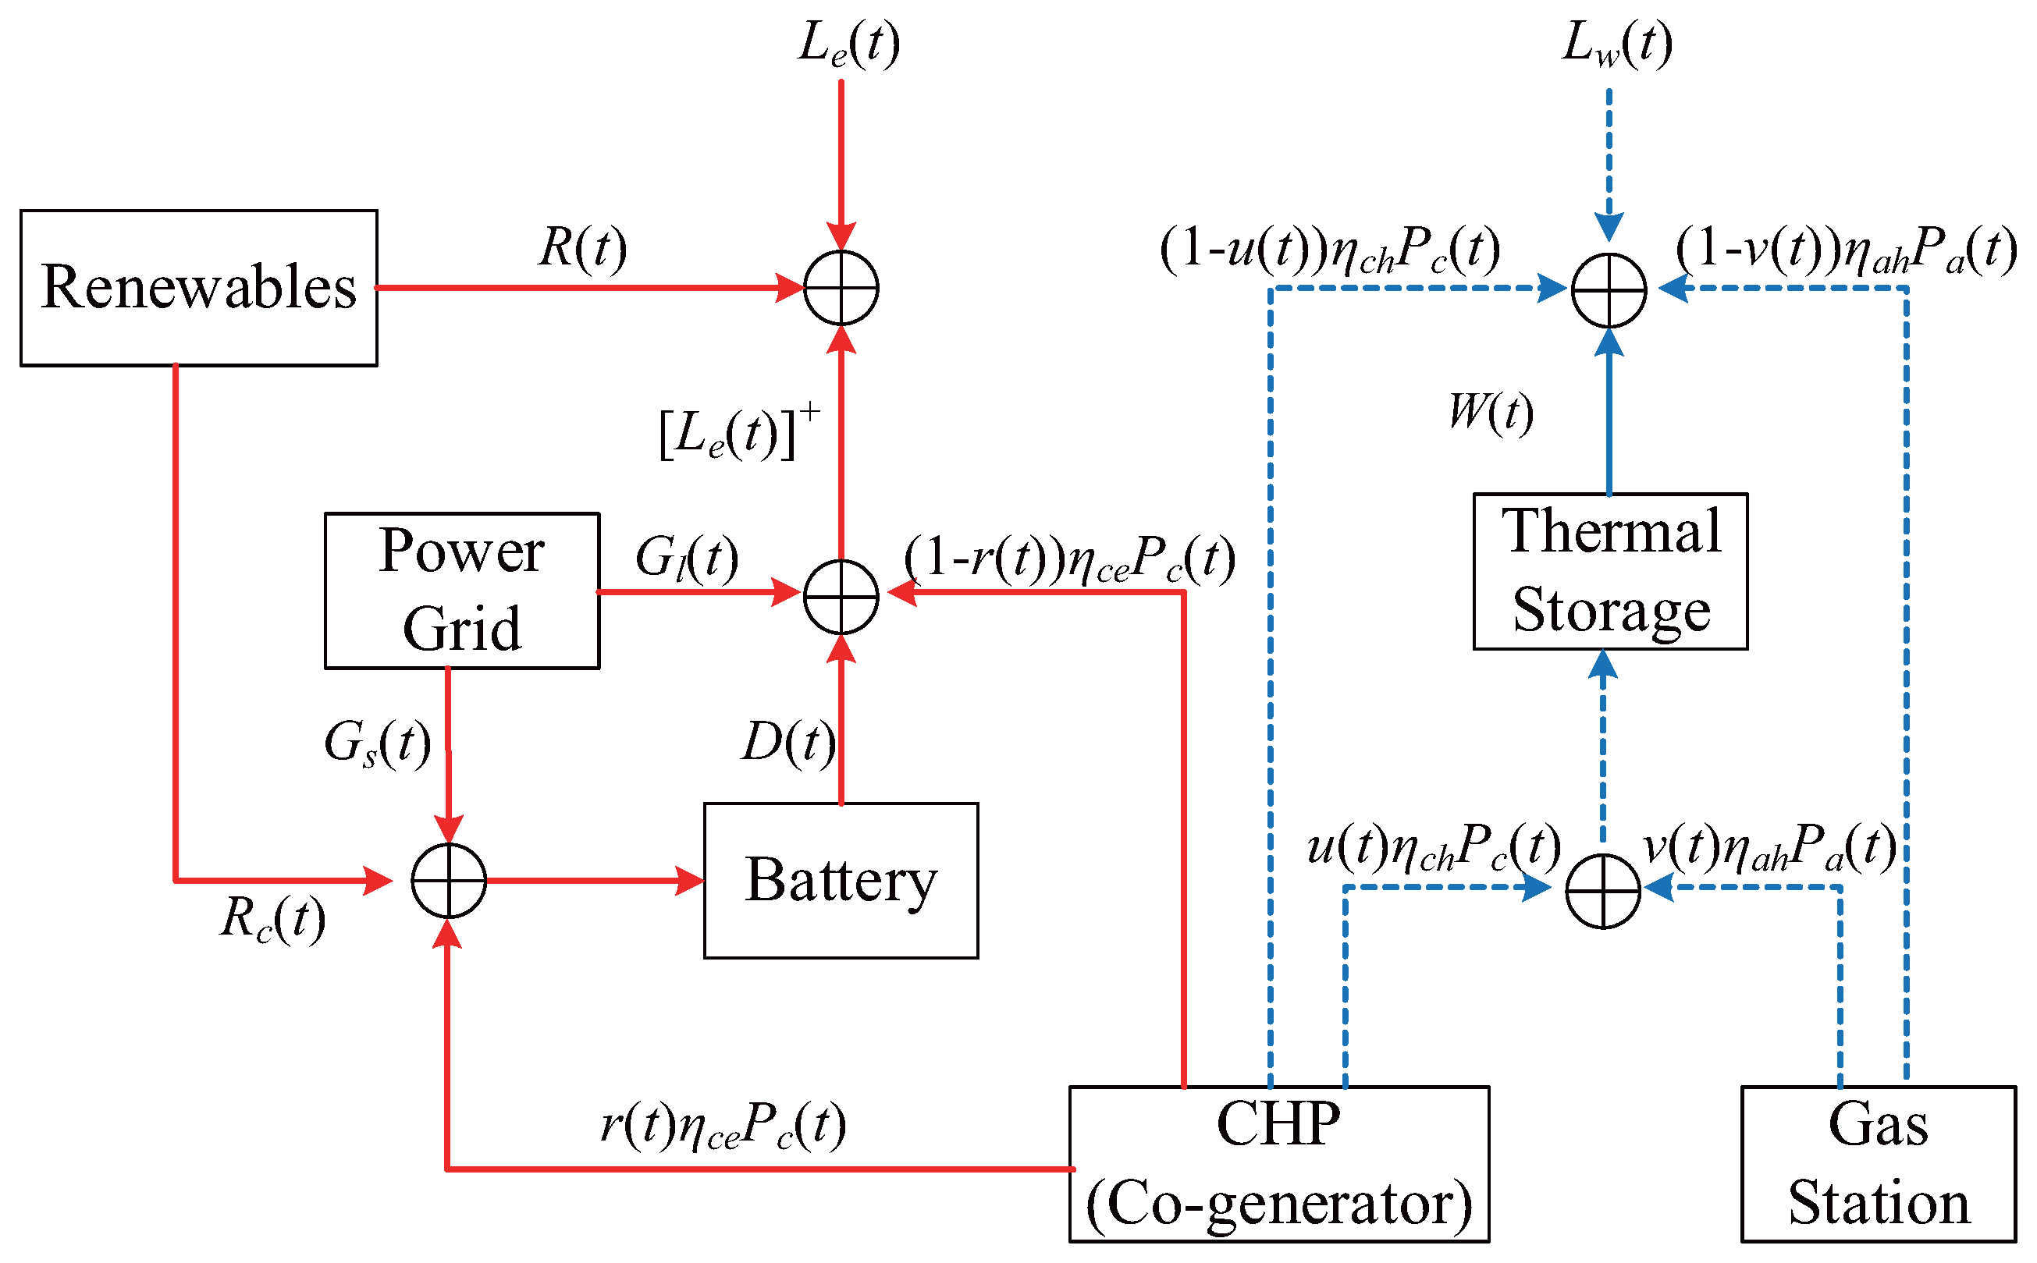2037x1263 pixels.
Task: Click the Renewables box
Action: point(199,287)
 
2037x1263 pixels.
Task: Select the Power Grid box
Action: point(461,591)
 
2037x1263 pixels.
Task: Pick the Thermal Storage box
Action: point(1609,571)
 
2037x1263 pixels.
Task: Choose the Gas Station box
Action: point(1878,1164)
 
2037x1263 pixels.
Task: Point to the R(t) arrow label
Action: point(582,248)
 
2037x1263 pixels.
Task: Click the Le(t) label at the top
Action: point(848,44)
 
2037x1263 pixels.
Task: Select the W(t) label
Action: point(1490,412)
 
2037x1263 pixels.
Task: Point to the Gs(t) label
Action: point(377,743)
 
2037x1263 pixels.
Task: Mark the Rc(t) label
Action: point(272,919)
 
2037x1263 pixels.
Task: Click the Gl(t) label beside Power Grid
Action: point(686,558)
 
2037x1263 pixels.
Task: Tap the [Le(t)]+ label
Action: point(737,433)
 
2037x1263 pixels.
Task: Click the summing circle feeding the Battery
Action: point(449,881)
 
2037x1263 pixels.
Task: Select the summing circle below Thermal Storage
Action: point(1602,890)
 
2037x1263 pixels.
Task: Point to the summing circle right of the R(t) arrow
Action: point(841,287)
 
